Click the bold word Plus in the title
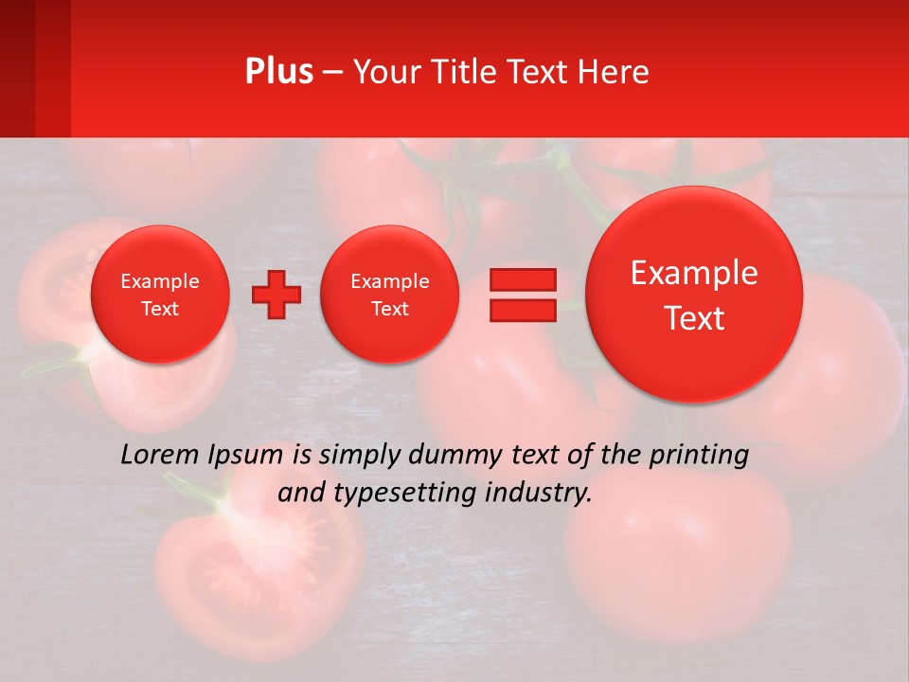(278, 72)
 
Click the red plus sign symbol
(276, 294)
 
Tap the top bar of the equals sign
(522, 279)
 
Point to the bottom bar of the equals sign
(522, 311)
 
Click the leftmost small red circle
(160, 294)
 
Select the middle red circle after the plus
(390, 294)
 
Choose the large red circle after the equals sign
(694, 295)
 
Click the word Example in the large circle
(694, 273)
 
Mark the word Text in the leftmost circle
(160, 309)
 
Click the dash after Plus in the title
(332, 72)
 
